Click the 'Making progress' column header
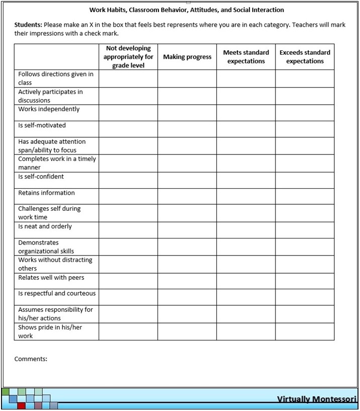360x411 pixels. pos(187,57)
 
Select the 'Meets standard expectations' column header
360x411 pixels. pos(246,57)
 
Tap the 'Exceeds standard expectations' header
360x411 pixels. pos(305,57)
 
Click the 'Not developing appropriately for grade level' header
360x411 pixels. pos(128,57)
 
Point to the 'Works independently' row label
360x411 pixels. pos(49,109)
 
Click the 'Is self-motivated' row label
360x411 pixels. pos(42,125)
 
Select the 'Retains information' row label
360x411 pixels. pos(46,193)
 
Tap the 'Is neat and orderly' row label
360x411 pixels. pos(45,226)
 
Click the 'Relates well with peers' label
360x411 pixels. pos(51,278)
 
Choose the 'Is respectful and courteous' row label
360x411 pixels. pos(57,293)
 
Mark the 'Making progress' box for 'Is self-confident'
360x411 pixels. pos(187,180)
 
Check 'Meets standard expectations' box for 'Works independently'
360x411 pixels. pos(246,113)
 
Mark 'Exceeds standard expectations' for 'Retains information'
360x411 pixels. pos(305,196)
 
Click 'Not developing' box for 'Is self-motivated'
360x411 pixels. pos(128,129)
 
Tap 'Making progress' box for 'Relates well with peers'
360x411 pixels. pos(187,281)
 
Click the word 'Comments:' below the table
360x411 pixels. pos(31,359)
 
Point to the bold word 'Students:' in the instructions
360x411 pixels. pos(28,25)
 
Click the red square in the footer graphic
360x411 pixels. pos(21,406)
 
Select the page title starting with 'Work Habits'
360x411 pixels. pos(187,10)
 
